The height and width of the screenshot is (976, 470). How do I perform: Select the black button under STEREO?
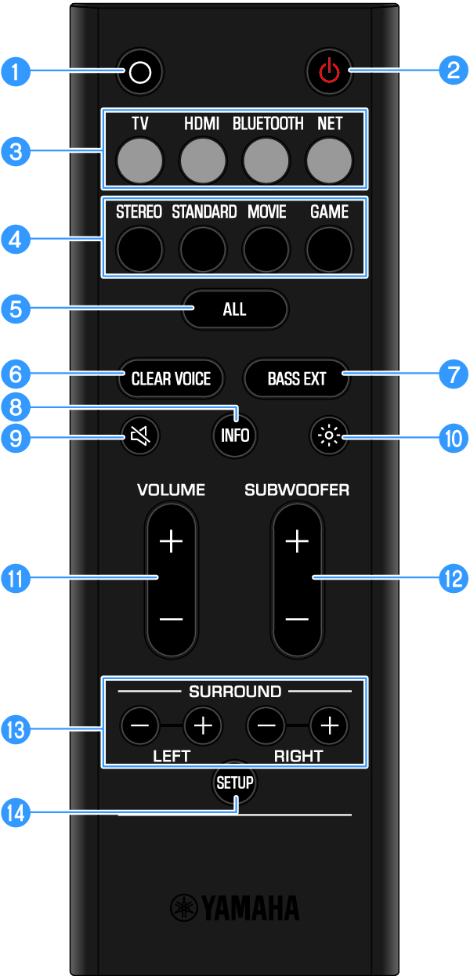140,248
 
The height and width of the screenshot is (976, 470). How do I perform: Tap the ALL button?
235,309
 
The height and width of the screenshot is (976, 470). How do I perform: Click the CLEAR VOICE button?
171,379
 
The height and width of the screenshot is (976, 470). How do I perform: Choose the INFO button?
235,436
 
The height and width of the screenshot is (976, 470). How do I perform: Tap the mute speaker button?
140,436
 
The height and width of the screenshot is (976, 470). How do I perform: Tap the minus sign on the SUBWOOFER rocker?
297,619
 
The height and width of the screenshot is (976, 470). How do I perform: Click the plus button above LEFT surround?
203,726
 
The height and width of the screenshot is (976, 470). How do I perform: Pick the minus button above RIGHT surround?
266,726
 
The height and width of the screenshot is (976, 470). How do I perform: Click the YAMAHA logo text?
234,909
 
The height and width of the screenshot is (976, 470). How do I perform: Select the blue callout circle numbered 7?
453,374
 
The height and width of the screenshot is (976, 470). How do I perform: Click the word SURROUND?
235,692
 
